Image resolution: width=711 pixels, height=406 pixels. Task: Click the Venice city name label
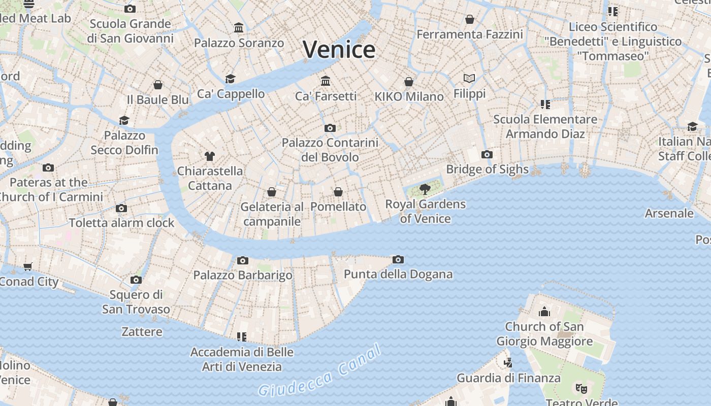tap(339, 50)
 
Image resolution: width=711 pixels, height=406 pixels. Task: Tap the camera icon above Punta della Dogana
tap(398, 260)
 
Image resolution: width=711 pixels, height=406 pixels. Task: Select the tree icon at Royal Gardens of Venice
tap(425, 189)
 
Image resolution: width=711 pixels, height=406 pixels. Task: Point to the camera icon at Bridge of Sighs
tap(487, 155)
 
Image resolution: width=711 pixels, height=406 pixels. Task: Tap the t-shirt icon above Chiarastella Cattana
tap(209, 156)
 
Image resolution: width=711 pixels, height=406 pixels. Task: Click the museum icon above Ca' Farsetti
tap(326, 81)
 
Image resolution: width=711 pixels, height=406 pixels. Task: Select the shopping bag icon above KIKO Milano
tap(409, 82)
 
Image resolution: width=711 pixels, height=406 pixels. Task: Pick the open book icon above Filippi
tap(469, 78)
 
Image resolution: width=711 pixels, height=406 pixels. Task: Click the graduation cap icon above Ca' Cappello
tap(231, 79)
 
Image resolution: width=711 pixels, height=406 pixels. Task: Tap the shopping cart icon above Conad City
tap(28, 266)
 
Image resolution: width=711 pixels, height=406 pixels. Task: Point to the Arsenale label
tap(669, 213)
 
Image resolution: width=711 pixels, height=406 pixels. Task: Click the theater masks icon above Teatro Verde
tap(581, 389)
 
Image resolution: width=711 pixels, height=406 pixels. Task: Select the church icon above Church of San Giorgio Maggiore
tap(544, 311)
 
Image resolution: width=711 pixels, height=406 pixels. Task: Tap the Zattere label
tap(142, 332)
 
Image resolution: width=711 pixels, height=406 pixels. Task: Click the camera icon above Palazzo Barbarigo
tap(243, 261)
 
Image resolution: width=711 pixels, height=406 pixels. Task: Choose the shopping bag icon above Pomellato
tap(338, 192)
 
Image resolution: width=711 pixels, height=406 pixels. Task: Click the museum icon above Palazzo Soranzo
tap(239, 27)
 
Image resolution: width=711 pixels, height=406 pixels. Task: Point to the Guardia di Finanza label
tap(508, 378)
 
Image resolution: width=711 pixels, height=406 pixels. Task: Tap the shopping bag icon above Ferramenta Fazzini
tap(470, 19)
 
